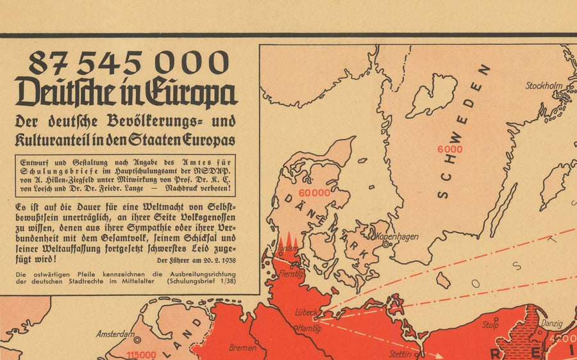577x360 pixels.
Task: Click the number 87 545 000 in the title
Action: click(x=128, y=63)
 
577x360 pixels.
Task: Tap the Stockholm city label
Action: click(x=544, y=86)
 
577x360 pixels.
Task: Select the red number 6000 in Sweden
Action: click(x=450, y=149)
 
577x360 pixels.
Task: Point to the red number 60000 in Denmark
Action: click(x=314, y=192)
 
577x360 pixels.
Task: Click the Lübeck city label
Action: click(x=306, y=312)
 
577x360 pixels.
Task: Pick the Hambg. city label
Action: click(x=308, y=328)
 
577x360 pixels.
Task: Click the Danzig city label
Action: click(x=552, y=324)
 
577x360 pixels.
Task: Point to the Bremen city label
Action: click(x=243, y=348)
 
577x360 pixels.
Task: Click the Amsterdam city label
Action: click(x=115, y=334)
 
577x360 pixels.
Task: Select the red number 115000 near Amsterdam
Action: click(x=142, y=354)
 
